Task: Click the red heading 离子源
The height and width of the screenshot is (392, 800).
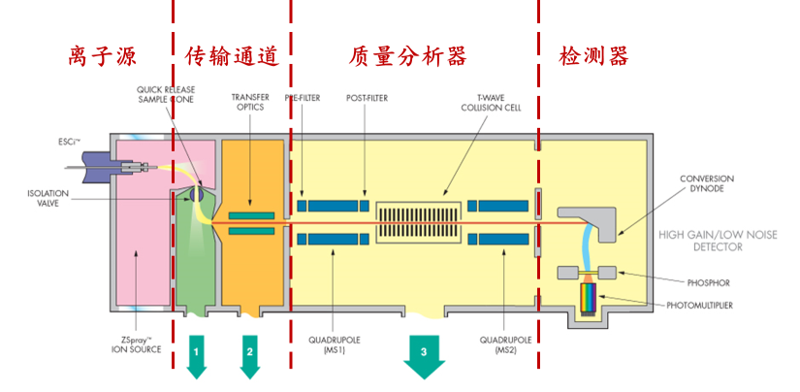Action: [x=103, y=56]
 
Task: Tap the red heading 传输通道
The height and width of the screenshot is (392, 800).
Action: [x=232, y=56]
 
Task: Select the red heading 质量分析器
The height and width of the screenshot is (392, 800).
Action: [x=407, y=56]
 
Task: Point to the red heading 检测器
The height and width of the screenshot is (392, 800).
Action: [x=593, y=56]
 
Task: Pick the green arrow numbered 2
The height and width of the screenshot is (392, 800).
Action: [x=250, y=357]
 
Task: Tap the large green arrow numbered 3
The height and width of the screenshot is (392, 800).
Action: [x=424, y=357]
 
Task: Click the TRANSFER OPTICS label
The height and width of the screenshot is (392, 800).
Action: [x=248, y=102]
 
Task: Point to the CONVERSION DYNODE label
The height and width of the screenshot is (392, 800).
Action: [x=707, y=183]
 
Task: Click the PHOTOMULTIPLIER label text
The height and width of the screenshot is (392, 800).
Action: [x=699, y=306]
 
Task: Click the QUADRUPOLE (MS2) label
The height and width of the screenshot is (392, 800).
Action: [x=504, y=344]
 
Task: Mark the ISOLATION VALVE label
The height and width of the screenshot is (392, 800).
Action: [x=48, y=198]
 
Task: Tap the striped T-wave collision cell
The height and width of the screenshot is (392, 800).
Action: [x=421, y=222]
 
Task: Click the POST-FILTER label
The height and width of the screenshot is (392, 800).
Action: [x=367, y=98]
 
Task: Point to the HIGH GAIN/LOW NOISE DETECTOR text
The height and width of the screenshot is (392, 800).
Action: [x=718, y=241]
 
